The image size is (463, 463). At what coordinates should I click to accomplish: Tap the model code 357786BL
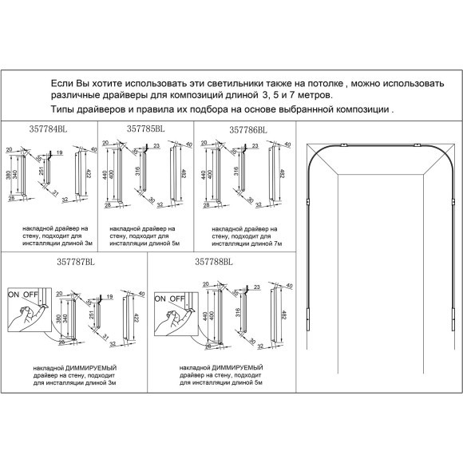pyautogui.click(x=248, y=129)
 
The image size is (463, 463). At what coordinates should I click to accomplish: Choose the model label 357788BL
pyautogui.click(x=213, y=261)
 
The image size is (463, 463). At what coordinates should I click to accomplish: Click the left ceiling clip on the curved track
pyautogui.click(x=341, y=145)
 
